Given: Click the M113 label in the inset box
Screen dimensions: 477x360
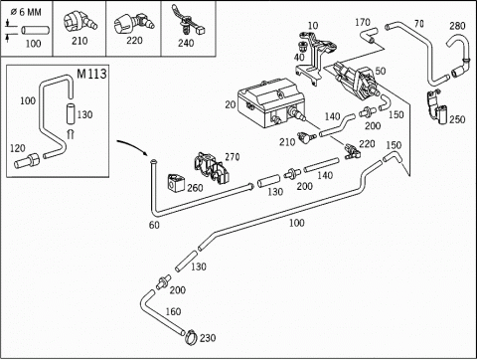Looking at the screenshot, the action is (x=91, y=74).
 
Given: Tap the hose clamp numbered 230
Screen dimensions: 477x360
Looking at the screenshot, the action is (x=192, y=337).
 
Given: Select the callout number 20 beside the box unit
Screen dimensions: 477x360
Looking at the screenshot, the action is (x=231, y=104).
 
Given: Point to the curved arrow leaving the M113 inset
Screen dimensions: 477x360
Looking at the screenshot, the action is (x=131, y=146).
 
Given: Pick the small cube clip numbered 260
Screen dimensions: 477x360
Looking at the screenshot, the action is (x=176, y=183).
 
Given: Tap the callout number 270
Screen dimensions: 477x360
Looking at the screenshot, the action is (x=233, y=157).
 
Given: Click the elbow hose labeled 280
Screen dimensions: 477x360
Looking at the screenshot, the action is (x=460, y=57).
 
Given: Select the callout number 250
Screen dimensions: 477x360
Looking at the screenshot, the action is (x=457, y=119).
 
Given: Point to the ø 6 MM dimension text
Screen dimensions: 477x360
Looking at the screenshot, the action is (x=26, y=12).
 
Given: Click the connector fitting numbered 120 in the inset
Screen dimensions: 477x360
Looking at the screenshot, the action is (x=27, y=161).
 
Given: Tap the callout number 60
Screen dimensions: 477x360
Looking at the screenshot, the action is (x=154, y=225).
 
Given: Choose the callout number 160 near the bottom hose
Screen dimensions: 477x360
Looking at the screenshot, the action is (x=173, y=311).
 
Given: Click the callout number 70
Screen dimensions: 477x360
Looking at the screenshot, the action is (x=419, y=24).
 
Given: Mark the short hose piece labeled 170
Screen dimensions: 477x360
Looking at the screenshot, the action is (x=369, y=35).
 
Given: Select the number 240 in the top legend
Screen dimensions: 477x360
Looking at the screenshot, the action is (x=186, y=43).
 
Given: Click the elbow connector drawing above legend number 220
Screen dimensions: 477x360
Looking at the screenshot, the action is (x=134, y=24).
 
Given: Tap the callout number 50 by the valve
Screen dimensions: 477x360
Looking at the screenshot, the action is (x=381, y=71).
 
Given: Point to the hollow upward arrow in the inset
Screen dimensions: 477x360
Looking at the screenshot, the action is (x=71, y=134).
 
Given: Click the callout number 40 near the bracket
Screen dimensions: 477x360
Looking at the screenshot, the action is (x=299, y=57).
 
